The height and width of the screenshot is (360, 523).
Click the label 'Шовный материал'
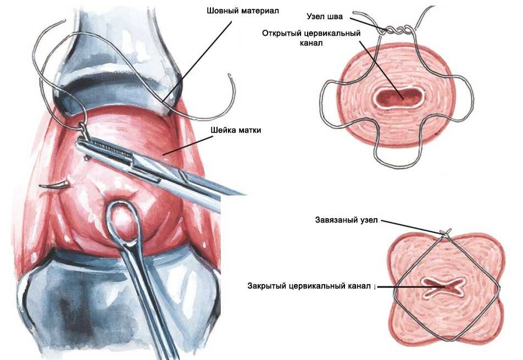click(242, 10)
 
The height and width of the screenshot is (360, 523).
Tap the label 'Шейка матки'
click(236, 130)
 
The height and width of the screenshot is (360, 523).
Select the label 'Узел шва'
click(325, 16)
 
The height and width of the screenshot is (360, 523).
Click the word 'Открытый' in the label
click(281, 34)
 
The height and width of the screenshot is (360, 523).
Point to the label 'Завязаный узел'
click(347, 220)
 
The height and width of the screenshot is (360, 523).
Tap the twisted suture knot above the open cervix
click(396, 30)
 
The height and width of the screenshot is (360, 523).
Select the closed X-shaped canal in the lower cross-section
click(444, 286)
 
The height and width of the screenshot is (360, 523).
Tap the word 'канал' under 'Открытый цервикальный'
click(311, 43)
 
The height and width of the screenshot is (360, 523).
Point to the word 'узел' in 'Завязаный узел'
click(369, 220)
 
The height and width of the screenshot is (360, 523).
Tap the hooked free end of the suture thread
click(231, 84)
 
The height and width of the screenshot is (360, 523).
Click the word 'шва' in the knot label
click(335, 16)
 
